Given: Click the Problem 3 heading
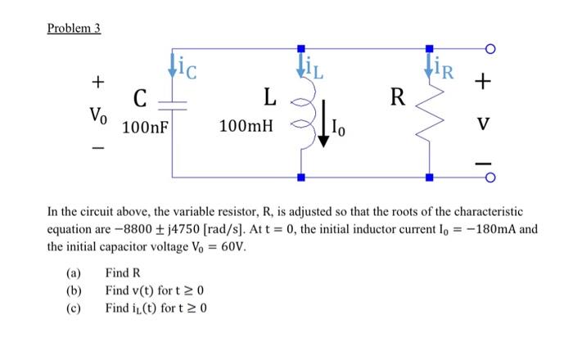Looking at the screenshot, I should click(73, 28).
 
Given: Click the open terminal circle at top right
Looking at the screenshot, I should click(490, 49).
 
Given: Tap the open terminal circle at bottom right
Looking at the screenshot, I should click(490, 177).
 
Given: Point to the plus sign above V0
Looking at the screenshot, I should click(97, 82).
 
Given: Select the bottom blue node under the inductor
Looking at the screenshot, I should click(300, 177).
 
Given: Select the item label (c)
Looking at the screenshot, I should click(74, 308).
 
